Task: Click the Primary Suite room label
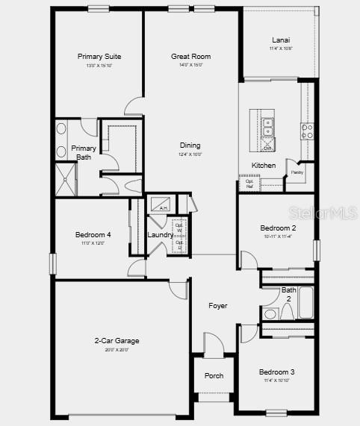click(x=99, y=57)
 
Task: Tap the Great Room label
click(x=190, y=57)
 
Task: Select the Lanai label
click(x=281, y=40)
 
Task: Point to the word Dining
click(x=190, y=145)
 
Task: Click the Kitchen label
click(x=263, y=166)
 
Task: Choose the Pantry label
click(x=297, y=172)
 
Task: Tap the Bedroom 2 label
click(x=278, y=228)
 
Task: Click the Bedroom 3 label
click(x=276, y=372)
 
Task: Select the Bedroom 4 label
click(x=93, y=235)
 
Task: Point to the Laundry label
click(x=161, y=235)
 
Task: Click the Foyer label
click(x=217, y=306)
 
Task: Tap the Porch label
click(x=214, y=375)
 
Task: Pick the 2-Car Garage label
click(x=117, y=341)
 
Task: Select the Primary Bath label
click(x=84, y=152)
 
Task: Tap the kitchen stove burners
click(x=306, y=132)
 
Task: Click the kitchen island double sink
click(x=268, y=128)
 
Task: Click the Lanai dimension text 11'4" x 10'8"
click(x=281, y=48)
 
